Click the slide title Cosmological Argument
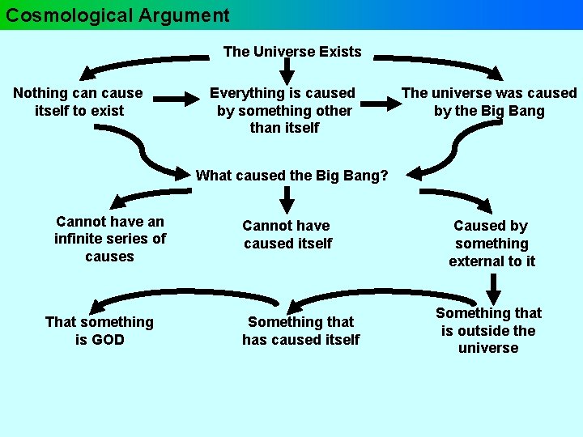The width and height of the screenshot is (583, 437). [x=118, y=15]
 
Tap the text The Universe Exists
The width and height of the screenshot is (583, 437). [x=292, y=52]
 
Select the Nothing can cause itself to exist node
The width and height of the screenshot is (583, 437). [x=79, y=102]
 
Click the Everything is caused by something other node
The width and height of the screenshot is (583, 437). [x=284, y=110]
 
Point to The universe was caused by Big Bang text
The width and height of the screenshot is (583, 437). [x=489, y=102]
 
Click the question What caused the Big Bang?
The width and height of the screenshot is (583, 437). [x=291, y=175]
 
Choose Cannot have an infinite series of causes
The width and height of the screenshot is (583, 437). [x=110, y=239]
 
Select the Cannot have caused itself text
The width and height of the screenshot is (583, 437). [x=287, y=234]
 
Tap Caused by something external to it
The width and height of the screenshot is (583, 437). [x=492, y=243]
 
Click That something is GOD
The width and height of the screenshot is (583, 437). [x=100, y=331]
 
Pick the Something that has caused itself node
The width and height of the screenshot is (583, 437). [x=300, y=331]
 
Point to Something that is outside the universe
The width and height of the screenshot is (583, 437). [x=488, y=330]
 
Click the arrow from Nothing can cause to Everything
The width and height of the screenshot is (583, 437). [x=175, y=100]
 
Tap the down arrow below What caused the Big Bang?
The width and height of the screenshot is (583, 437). [x=287, y=199]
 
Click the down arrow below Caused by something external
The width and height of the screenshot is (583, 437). [x=494, y=287]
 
